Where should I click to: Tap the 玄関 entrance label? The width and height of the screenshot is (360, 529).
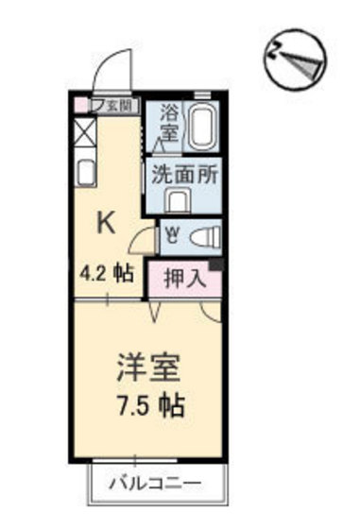coord(122,106)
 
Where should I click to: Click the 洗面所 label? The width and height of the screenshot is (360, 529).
coord(180,175)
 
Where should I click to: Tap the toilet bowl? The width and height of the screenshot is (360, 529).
coord(202,236)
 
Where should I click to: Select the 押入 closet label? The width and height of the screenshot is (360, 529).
coord(180,278)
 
